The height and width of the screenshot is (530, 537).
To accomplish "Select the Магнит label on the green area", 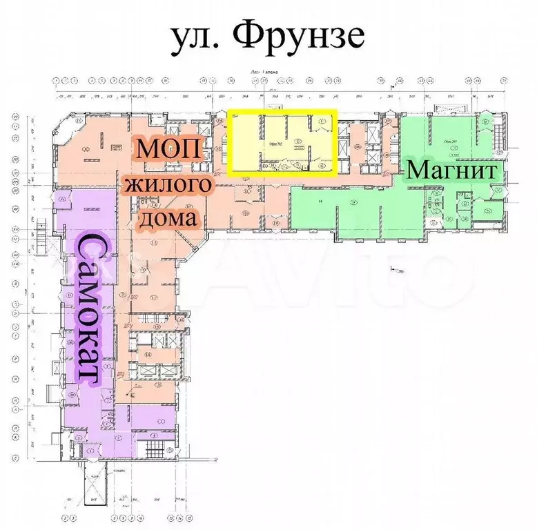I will (x=451, y=170).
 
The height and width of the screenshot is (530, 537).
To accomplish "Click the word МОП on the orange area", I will (x=168, y=149).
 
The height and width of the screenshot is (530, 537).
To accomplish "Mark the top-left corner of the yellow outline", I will (x=230, y=111).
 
